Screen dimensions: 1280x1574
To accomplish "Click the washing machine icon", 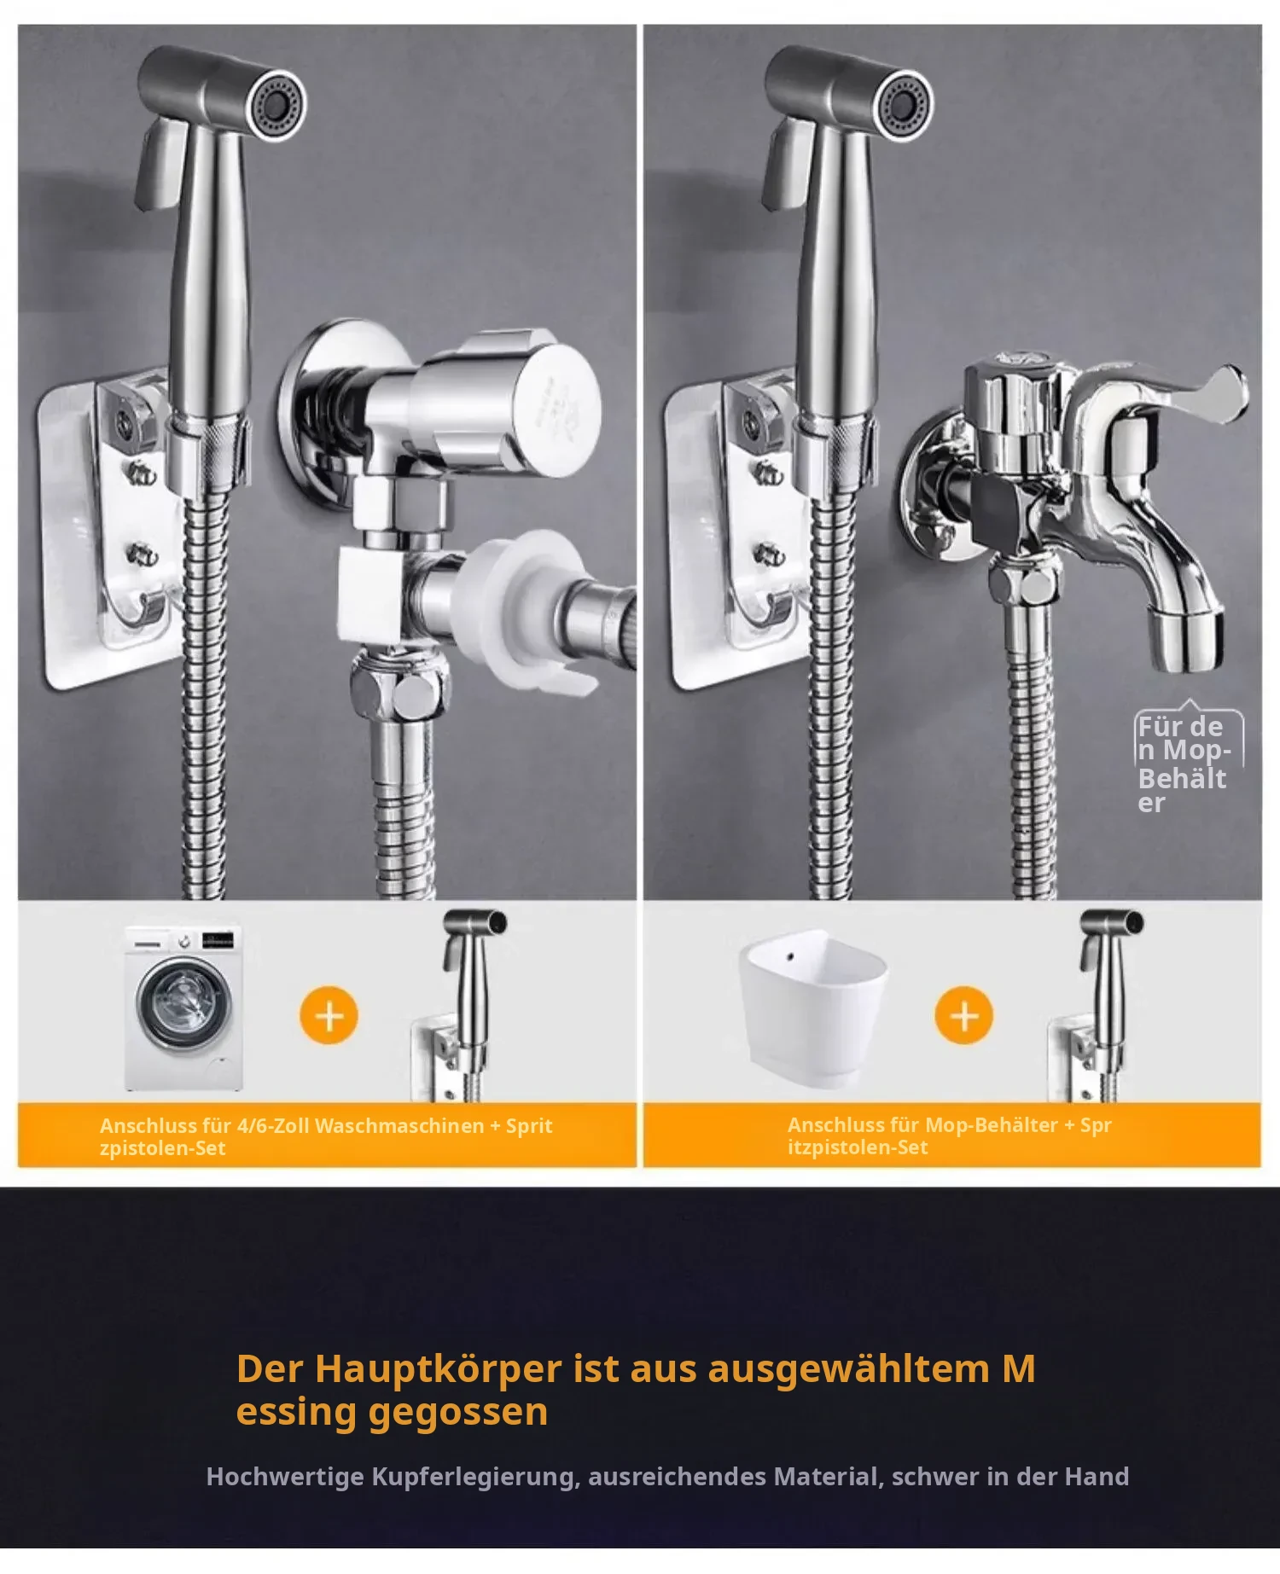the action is point(183,1008).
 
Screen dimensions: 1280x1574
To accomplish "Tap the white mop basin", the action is point(812,1008).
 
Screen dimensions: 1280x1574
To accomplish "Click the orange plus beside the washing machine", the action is point(329,1015).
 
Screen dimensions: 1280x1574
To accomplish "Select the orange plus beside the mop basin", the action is point(964,1015).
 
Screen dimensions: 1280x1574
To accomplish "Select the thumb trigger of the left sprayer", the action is point(162,162).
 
